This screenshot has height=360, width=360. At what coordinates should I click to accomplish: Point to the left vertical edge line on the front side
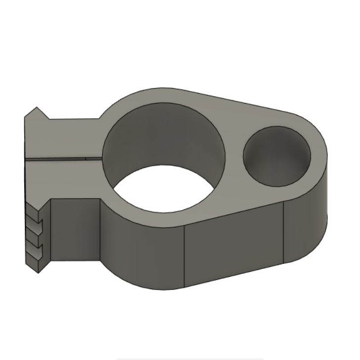pyautogui.click(x=184, y=257)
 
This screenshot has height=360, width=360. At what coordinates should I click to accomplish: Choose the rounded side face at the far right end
pyautogui.click(x=307, y=223)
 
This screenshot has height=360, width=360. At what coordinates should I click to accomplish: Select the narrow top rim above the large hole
pyautogui.click(x=163, y=96)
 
